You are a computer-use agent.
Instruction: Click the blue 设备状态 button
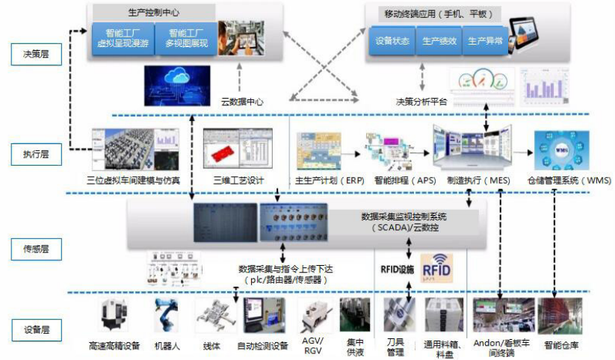(392, 42)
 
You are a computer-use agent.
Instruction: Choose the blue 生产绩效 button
(439, 42)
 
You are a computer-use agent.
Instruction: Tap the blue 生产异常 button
(484, 42)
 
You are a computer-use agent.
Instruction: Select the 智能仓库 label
(561, 345)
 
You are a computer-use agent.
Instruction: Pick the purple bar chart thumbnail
(548, 87)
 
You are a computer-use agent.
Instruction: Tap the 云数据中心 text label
(242, 102)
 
